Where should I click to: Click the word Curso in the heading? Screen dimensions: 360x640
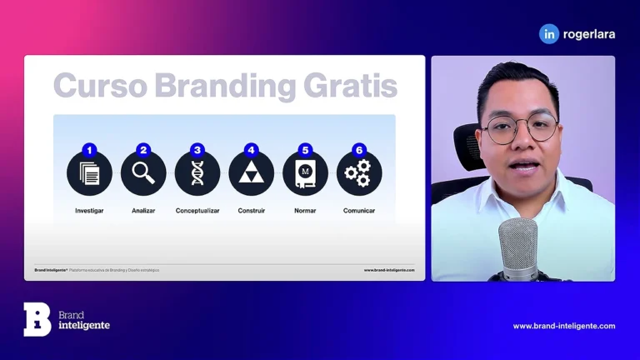(99, 86)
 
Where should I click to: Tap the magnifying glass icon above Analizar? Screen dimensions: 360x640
(143, 173)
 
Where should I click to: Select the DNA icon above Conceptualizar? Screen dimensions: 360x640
(197, 173)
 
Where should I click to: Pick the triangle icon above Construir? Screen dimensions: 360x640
(251, 173)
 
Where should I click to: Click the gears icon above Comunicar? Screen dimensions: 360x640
(359, 173)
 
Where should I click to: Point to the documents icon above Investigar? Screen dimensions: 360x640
(89, 173)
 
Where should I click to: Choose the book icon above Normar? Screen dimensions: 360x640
(305, 173)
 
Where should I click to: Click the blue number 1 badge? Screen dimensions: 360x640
(89, 151)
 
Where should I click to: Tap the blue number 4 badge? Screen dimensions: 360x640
(251, 151)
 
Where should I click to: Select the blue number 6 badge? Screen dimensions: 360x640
(359, 151)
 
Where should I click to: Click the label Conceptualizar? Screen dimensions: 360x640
(197, 211)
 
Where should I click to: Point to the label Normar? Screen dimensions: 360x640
(305, 211)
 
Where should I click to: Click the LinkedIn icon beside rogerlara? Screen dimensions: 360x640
(549, 33)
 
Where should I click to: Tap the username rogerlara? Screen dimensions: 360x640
(590, 33)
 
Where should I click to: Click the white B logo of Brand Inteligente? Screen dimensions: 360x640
(37, 319)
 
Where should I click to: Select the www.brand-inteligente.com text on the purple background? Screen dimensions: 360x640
(563, 326)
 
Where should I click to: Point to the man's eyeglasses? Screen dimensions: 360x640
(520, 128)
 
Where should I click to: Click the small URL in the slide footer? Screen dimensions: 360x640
(388, 270)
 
